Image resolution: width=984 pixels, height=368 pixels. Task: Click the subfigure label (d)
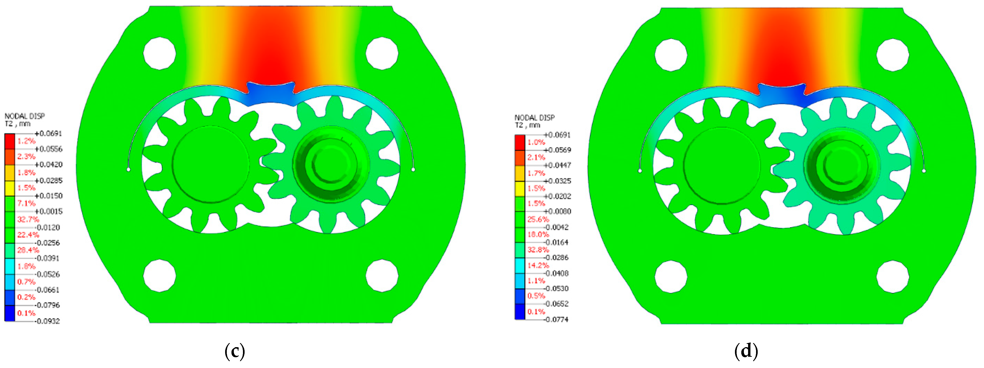pos(746,351)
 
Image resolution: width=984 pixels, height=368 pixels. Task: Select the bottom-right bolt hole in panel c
pos(382,276)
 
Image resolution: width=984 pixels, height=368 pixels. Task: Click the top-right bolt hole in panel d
pos(893,55)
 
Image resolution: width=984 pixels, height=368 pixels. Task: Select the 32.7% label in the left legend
pos(28,219)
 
